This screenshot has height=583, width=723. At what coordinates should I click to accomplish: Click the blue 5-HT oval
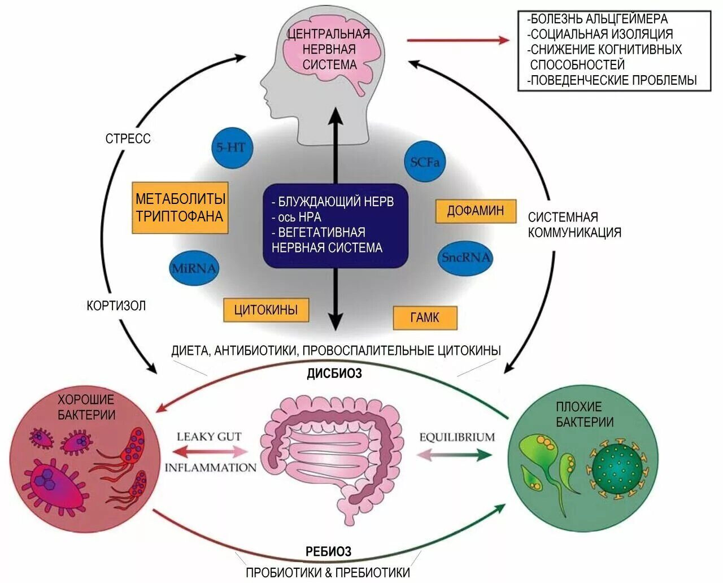(x=231, y=147)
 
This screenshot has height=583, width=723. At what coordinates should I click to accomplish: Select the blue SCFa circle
(x=425, y=162)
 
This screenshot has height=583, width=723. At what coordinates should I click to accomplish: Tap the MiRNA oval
(x=194, y=268)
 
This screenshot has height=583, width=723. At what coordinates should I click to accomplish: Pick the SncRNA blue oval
(x=465, y=258)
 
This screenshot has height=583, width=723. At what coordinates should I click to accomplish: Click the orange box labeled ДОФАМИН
(x=476, y=211)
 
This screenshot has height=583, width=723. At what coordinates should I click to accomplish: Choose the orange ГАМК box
(x=425, y=317)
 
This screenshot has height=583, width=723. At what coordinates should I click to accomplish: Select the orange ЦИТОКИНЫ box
(x=265, y=310)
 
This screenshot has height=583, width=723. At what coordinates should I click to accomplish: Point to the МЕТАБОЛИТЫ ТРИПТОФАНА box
(x=180, y=207)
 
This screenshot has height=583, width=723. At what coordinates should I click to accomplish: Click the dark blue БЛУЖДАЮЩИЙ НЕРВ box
(x=335, y=225)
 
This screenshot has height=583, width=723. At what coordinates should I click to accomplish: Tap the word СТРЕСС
(x=128, y=138)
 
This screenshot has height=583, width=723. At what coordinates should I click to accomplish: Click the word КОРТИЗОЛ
(x=116, y=306)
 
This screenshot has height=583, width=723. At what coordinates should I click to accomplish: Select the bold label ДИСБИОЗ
(x=334, y=373)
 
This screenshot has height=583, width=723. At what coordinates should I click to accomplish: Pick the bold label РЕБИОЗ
(x=329, y=551)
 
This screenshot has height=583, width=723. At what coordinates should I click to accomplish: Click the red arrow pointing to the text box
(x=458, y=40)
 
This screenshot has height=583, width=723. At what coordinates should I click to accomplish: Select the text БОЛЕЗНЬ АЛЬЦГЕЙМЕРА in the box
(x=598, y=19)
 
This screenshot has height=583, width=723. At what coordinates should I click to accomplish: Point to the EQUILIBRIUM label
(x=457, y=437)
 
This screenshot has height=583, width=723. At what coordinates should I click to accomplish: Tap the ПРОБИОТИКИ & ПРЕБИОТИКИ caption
(x=328, y=572)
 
